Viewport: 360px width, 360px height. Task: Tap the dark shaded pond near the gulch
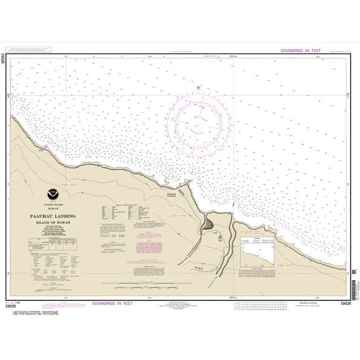209,226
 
